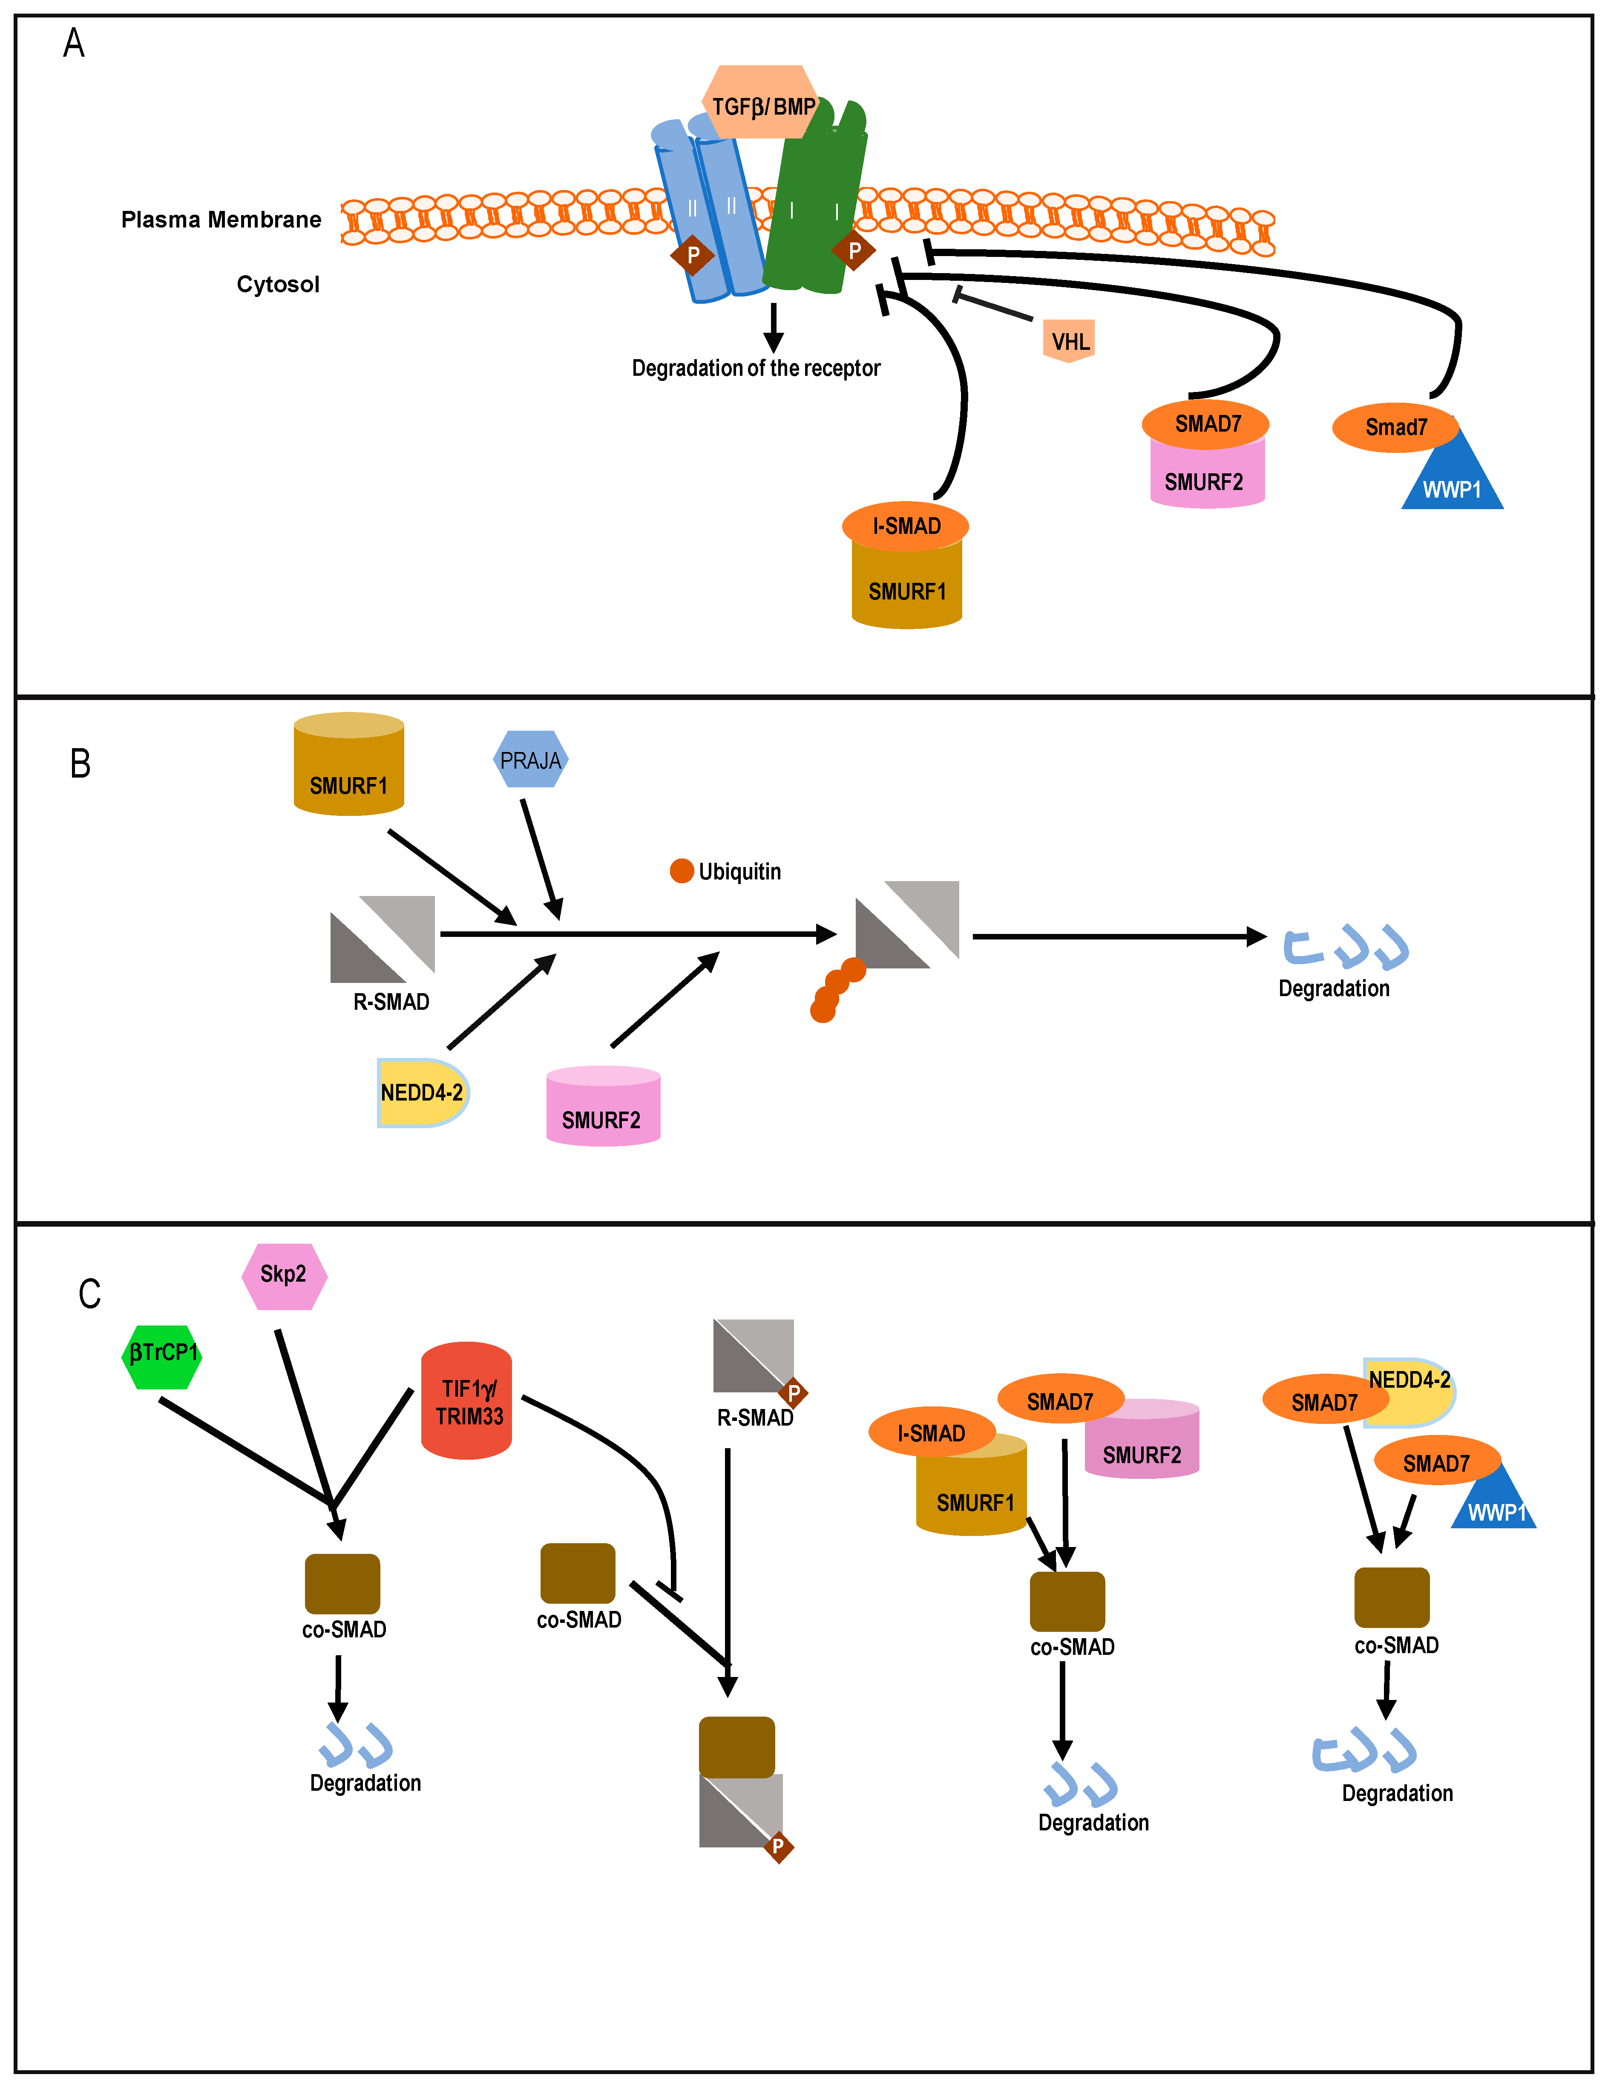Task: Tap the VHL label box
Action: pyautogui.click(x=1068, y=341)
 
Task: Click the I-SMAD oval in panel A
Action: pyautogui.click(x=905, y=525)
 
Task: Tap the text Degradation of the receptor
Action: pyautogui.click(x=755, y=368)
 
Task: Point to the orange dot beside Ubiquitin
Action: pyautogui.click(x=682, y=871)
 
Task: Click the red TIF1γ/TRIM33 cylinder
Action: pyautogui.click(x=467, y=1401)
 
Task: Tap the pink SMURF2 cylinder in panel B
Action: pyautogui.click(x=603, y=1110)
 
